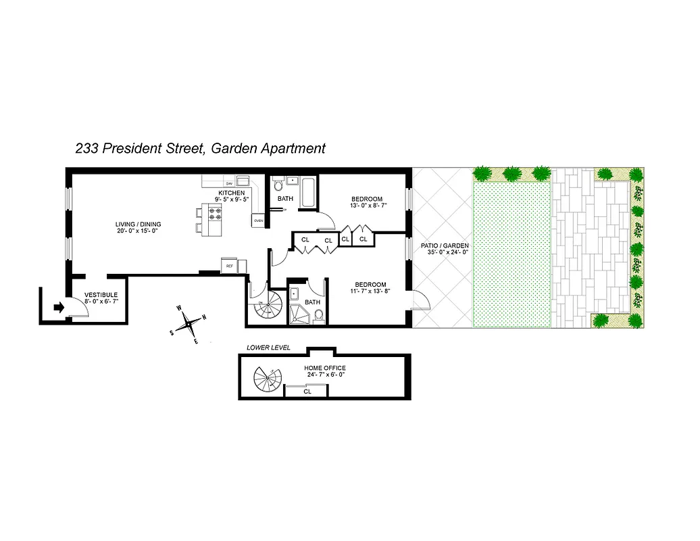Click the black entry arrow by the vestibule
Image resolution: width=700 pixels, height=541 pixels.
58,307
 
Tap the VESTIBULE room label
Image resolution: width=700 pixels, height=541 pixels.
101,296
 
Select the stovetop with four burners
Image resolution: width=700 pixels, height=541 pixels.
216,214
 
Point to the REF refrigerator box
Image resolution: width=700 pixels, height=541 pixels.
230,266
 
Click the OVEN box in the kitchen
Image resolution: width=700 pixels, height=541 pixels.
258,220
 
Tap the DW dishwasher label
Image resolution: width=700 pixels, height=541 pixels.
229,183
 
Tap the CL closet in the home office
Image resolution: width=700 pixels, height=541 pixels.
307,391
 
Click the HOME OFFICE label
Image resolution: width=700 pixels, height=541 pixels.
324,368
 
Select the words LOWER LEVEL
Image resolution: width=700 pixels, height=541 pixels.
268,348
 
